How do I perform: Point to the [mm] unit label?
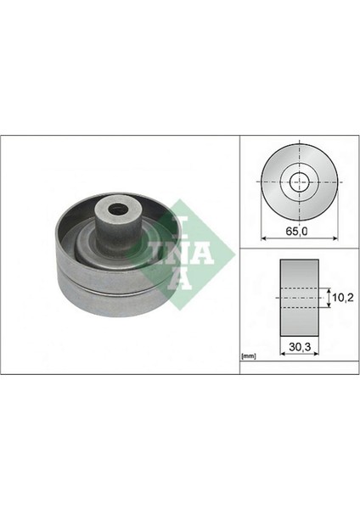pyautogui.click(x=249, y=356)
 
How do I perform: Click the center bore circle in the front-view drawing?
pyautogui.click(x=299, y=181)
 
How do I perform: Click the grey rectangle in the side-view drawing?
pyautogui.click(x=298, y=299)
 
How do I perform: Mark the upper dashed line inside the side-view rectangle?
pyautogui.click(x=298, y=289)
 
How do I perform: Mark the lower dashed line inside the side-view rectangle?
pyautogui.click(x=298, y=309)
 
